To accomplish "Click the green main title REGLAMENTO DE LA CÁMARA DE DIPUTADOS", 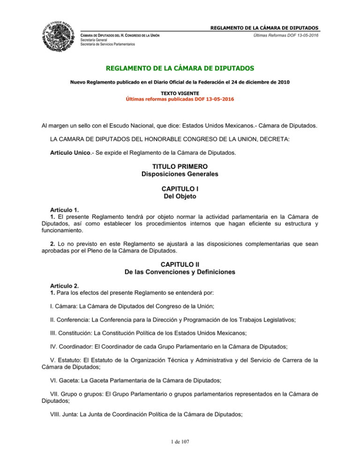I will tap(180, 69).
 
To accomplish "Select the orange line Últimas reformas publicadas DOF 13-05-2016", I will tap(180, 99).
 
